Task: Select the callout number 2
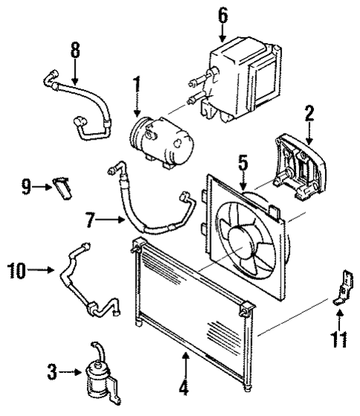click(x=309, y=114)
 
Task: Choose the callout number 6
click(x=223, y=14)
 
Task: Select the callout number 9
click(x=26, y=186)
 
